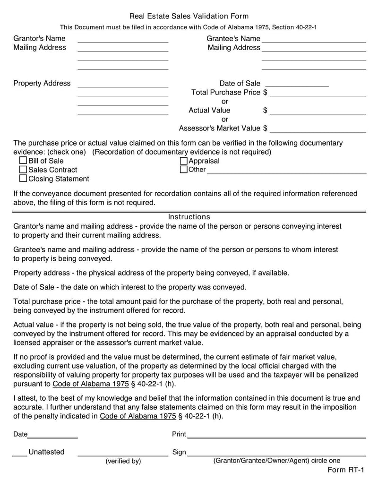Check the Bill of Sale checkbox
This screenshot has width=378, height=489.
tap(23, 161)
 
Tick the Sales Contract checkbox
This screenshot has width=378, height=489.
tap(23, 170)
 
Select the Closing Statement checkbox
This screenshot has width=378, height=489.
tap(23, 179)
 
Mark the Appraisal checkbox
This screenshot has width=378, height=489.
tap(184, 161)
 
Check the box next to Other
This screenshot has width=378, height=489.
tap(184, 170)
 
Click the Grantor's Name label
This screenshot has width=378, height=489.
tap(40, 38)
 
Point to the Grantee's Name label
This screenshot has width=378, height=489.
tap(233, 38)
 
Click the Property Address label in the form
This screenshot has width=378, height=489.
tap(42, 83)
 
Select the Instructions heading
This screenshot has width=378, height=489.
tap(189, 217)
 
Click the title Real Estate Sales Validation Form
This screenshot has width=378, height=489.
tap(189, 17)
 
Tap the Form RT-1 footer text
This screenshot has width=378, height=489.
tap(346, 470)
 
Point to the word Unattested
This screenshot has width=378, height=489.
tap(46, 452)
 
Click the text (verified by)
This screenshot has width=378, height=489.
tap(123, 461)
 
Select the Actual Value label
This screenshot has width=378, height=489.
tap(209, 111)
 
